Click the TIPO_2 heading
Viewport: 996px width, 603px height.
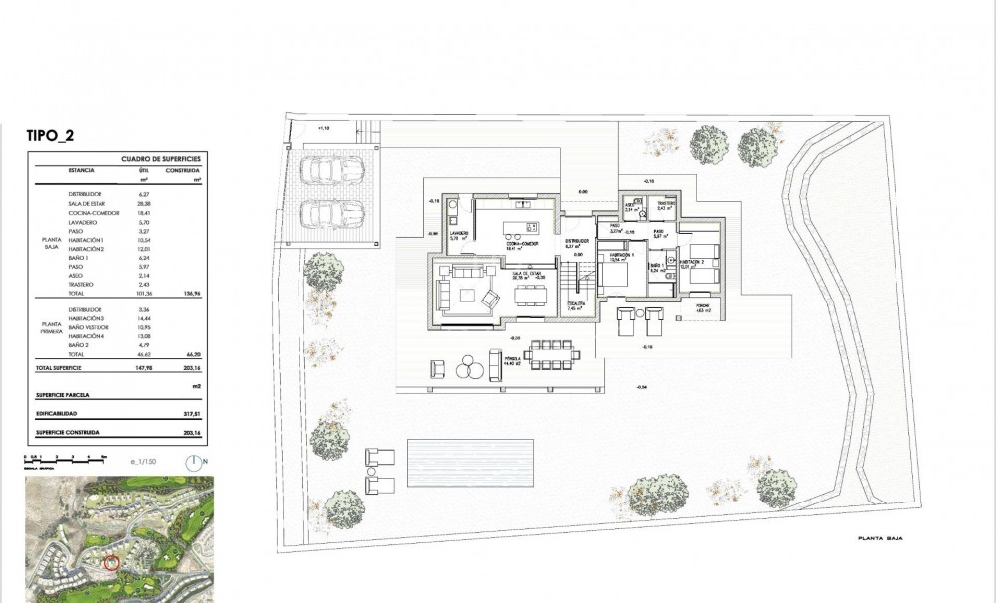[x=50, y=138]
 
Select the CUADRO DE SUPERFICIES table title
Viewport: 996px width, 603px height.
[x=161, y=159]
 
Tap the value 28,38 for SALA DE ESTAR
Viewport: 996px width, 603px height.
[x=144, y=203]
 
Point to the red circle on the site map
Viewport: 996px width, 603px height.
[x=112, y=563]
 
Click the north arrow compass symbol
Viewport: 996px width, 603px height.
[x=193, y=462]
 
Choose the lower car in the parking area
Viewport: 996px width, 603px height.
[x=329, y=213]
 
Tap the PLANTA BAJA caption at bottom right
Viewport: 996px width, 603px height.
[x=880, y=539]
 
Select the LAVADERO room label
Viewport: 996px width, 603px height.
[x=459, y=234]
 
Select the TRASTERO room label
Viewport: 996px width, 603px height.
[x=667, y=204]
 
